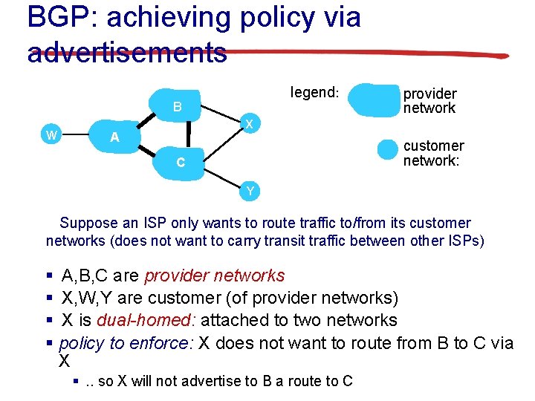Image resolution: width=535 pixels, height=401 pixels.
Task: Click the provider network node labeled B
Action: click(177, 107)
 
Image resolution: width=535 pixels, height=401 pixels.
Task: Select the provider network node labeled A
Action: click(114, 137)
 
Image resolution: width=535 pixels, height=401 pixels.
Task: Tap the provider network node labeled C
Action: click(181, 162)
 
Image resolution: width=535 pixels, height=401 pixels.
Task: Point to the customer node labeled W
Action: click(51, 134)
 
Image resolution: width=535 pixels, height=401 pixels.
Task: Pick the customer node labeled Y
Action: click(250, 191)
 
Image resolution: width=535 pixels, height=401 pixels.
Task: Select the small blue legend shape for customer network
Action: click(388, 149)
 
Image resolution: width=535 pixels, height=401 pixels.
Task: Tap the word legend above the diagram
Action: click(314, 93)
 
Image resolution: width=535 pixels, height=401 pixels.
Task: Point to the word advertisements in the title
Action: click(127, 52)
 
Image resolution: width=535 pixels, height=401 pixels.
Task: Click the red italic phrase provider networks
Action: click(215, 276)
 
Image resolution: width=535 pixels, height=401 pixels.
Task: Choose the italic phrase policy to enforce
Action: click(126, 342)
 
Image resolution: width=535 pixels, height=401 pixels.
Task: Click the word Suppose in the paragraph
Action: click(87, 223)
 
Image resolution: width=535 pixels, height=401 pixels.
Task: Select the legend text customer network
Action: click(433, 153)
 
